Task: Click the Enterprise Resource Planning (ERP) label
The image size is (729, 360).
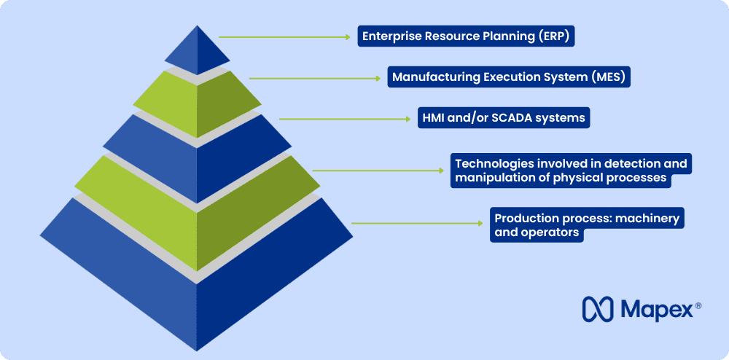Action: point(466,36)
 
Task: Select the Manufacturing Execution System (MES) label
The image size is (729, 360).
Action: point(508,77)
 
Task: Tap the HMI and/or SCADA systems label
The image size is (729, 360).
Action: point(504,117)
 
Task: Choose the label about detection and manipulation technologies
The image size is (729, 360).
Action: point(570,171)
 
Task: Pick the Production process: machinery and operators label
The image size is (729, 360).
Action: point(587,225)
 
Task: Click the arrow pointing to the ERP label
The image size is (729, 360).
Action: point(284,36)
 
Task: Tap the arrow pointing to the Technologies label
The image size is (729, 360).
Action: point(378,171)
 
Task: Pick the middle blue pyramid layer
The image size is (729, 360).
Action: point(197,149)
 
